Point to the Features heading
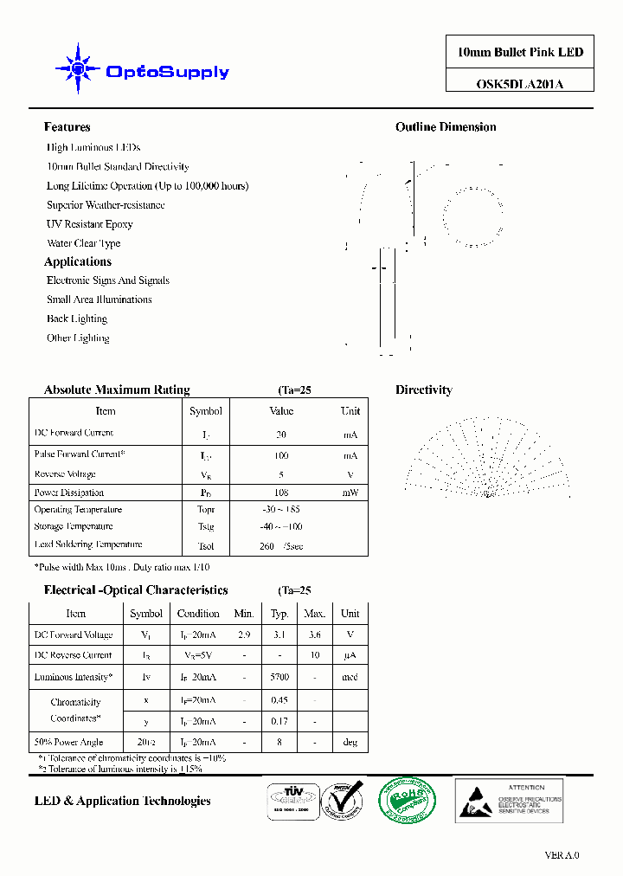click(67, 127)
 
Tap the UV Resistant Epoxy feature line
click(89, 224)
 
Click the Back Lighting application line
click(77, 319)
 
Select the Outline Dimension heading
click(446, 127)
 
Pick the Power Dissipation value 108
click(281, 493)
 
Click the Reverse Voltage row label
click(65, 474)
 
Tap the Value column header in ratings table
click(281, 411)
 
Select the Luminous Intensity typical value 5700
click(279, 677)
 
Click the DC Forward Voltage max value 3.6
click(314, 634)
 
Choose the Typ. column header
click(279, 614)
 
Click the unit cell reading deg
click(350, 742)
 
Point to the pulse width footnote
click(121, 567)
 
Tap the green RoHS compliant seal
click(408, 801)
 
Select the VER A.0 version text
click(562, 855)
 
